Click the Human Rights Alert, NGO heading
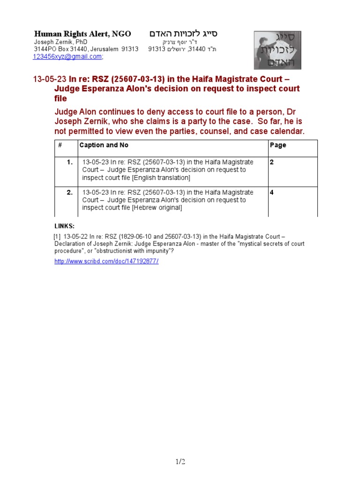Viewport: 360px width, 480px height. coord(82,34)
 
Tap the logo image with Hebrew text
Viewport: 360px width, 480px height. coord(277,50)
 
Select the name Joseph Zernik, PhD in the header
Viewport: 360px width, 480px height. coord(61,42)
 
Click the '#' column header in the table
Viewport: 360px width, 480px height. coord(60,145)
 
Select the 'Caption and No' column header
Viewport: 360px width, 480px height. coord(104,145)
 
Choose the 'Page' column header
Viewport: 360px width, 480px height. coord(278,145)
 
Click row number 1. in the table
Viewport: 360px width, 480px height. coord(69,162)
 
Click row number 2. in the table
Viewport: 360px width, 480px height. coord(69,192)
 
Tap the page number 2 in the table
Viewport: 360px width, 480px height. coord(272,162)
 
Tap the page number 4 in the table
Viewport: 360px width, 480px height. coord(272,192)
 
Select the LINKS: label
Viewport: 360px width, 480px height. coord(64,226)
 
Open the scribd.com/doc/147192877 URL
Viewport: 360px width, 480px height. coord(106,261)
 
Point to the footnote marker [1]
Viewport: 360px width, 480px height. coord(58,236)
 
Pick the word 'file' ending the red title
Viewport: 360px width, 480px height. coord(60,99)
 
